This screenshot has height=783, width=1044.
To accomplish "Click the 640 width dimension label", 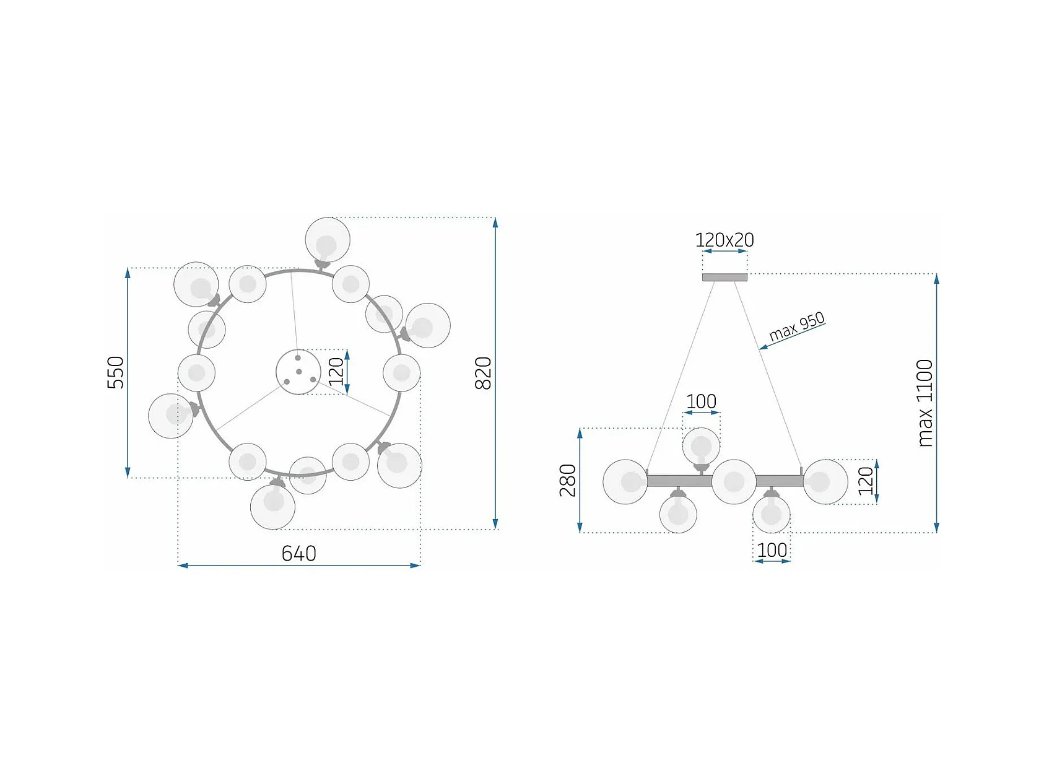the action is point(298,553).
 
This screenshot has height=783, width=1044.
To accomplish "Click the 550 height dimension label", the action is point(116,372).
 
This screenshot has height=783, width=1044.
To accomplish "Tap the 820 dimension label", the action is point(483,373).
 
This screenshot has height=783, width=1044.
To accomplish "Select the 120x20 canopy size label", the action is point(724,240).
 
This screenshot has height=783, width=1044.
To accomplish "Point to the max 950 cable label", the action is point(797,326).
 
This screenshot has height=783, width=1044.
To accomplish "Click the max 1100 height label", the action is point(924,403).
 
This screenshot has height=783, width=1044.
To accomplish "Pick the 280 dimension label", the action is point(568,480).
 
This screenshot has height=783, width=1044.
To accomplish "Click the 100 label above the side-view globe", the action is point(701,401).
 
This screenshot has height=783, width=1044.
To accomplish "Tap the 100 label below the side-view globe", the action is point(772,550).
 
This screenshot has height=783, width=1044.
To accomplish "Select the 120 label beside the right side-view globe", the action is point(866,481).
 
